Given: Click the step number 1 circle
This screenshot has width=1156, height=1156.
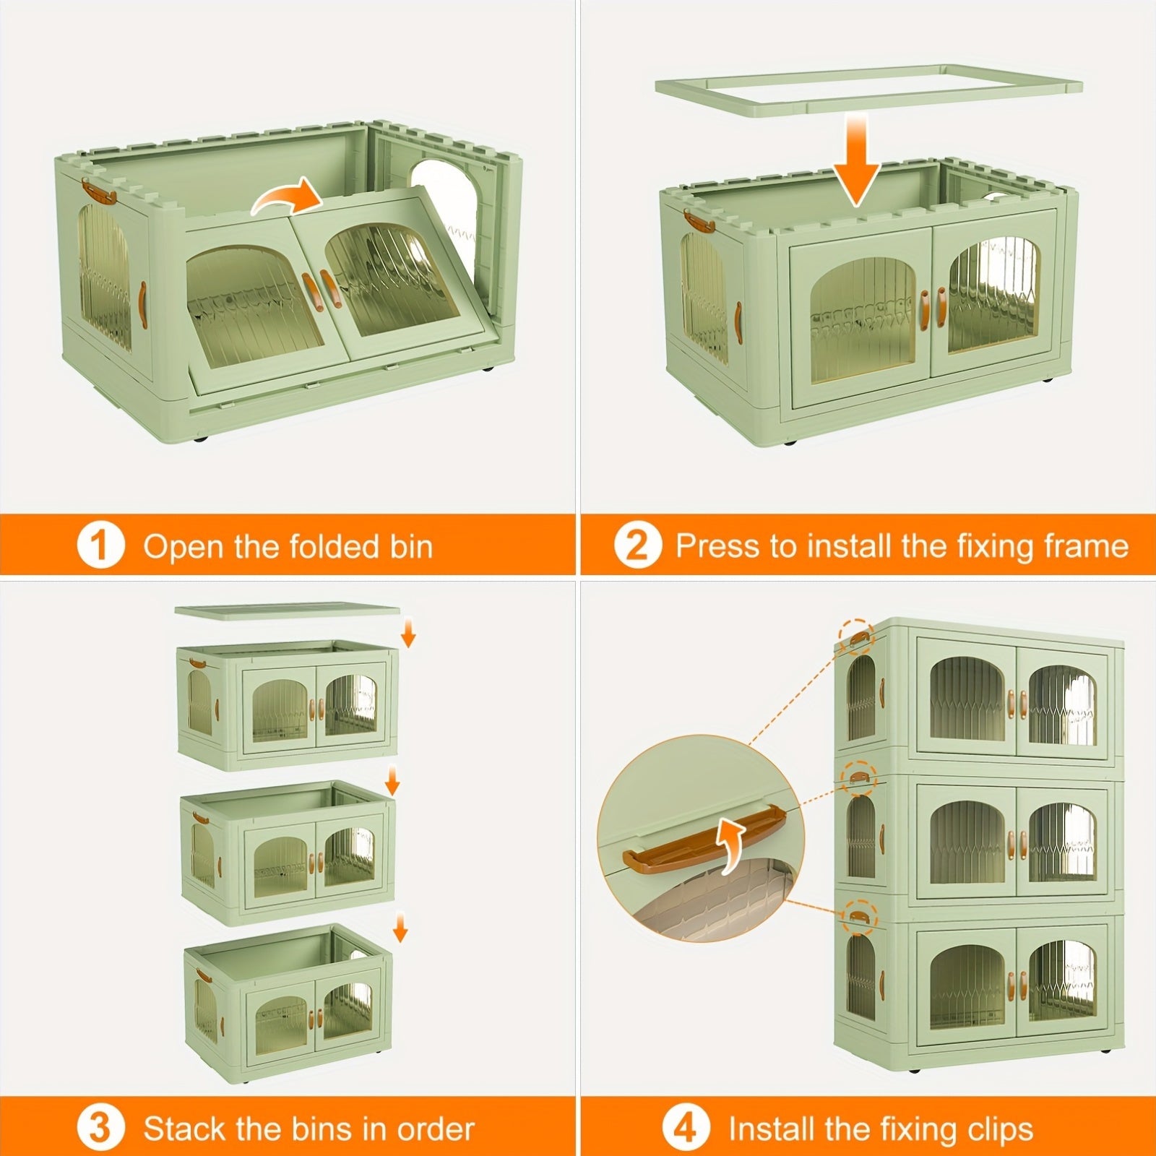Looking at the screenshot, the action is coord(100,545).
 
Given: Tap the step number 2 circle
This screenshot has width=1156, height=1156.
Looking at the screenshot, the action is coord(637,545).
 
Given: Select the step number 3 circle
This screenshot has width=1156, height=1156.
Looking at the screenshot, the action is coord(100,1128).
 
